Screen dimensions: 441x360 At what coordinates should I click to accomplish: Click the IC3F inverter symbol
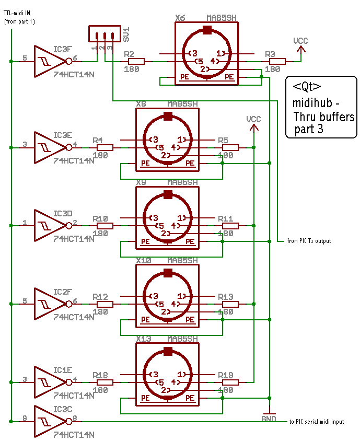tap(49, 61)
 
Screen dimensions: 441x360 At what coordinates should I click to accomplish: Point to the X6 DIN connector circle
tap(207, 54)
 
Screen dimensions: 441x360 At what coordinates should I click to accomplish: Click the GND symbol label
tap(269, 418)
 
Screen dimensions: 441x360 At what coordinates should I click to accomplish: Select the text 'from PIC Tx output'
tap(309, 241)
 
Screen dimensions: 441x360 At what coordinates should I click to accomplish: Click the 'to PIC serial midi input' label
tap(317, 422)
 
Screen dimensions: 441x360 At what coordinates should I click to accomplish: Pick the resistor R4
tap(105, 148)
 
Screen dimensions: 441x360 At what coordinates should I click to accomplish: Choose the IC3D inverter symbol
tap(49, 226)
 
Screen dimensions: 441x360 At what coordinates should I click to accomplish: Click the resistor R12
tap(105, 304)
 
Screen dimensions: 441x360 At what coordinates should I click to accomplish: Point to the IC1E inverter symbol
tap(49, 382)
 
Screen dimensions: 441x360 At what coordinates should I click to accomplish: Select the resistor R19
tap(230, 382)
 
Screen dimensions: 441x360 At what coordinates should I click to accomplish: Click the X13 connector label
tap(144, 339)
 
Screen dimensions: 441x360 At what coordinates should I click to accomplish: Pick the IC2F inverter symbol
tap(49, 304)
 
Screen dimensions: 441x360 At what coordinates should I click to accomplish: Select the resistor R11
tap(230, 226)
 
